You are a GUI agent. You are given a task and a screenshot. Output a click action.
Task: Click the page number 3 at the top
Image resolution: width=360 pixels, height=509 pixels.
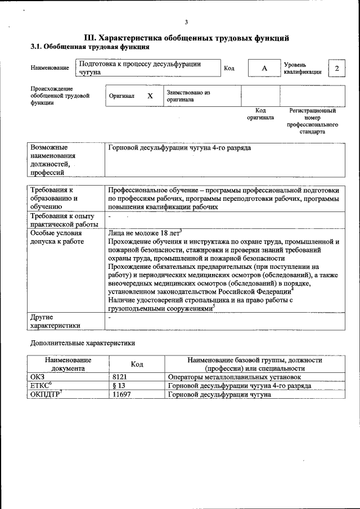[x=186, y=22]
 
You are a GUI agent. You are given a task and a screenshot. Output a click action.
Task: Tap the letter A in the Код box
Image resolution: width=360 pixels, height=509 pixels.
[x=264, y=69]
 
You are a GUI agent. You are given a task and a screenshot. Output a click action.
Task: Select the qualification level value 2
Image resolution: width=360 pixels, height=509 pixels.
[x=336, y=69]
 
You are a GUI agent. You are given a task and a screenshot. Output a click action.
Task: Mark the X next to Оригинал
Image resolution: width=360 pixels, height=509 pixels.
[x=150, y=96]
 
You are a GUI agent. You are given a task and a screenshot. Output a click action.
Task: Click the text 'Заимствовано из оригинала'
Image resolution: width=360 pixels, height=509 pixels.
[x=188, y=96]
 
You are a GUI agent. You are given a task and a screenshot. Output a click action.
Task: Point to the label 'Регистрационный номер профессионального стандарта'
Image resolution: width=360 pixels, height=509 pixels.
[x=312, y=121]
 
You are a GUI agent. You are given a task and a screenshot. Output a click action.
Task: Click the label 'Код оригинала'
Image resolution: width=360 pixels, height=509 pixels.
[x=260, y=114]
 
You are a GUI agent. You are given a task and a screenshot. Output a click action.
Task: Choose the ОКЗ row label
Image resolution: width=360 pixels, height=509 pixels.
[x=37, y=376]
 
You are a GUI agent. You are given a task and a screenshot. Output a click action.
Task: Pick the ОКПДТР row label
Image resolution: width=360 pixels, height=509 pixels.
[x=45, y=394]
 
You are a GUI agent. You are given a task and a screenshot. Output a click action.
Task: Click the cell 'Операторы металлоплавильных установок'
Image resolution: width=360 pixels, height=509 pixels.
[x=235, y=376]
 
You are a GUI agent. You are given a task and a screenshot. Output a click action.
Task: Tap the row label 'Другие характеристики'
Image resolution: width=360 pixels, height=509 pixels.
[x=55, y=321]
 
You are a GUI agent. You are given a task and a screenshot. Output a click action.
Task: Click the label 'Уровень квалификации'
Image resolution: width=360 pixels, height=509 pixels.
[x=303, y=69]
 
